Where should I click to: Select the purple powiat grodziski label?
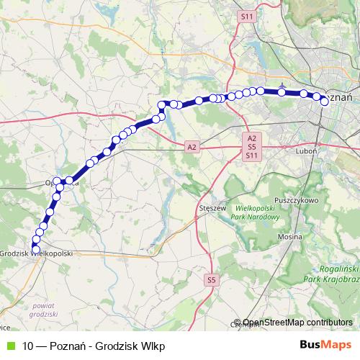click(x=44, y=310)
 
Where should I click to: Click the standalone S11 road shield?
click(x=248, y=15)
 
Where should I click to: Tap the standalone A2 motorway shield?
click(x=191, y=147)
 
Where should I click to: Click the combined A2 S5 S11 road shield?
click(x=251, y=146)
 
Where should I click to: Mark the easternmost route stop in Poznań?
click(x=325, y=102)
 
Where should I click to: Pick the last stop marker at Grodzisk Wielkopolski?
click(x=35, y=249)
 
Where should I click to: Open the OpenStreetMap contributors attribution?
click(x=297, y=323)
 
